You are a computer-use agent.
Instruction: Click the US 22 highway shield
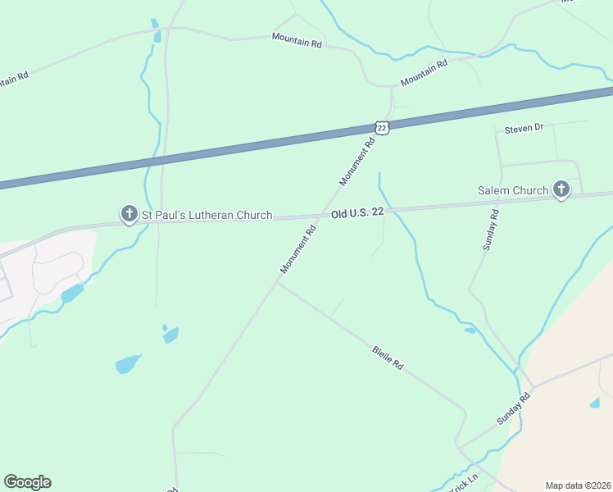[382, 127]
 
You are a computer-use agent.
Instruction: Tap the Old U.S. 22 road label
[358, 213]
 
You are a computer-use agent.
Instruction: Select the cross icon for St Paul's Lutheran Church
[129, 215]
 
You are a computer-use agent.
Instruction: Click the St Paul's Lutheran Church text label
[207, 216]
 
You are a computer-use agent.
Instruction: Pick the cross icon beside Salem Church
[561, 190]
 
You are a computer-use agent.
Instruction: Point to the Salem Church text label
[513, 190]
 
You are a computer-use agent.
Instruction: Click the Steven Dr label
[524, 129]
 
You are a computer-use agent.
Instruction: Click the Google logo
[27, 482]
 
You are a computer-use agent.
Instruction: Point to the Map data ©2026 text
[578, 485]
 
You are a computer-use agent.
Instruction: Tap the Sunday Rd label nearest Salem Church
[491, 230]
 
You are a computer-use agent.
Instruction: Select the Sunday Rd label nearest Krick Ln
[514, 408]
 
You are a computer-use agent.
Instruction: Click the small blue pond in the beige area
[593, 403]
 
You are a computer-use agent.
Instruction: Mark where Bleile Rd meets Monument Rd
[277, 283]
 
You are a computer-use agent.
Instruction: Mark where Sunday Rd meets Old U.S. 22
[501, 201]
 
